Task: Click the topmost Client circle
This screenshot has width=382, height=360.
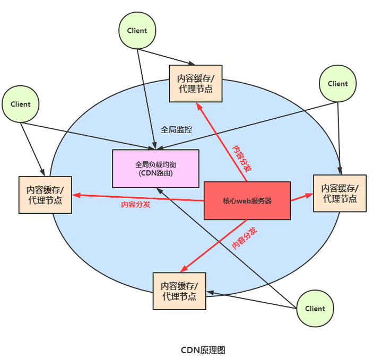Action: tap(137, 30)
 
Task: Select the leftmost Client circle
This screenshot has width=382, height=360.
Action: tap(21, 104)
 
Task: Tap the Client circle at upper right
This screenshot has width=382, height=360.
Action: tap(337, 83)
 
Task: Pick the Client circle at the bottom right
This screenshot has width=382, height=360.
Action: tap(315, 309)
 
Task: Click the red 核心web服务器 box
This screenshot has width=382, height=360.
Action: tap(247, 200)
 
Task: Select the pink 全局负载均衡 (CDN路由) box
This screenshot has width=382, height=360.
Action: tap(155, 169)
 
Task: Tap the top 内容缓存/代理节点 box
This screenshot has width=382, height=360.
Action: tap(196, 83)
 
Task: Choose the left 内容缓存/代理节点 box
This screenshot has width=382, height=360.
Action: tap(45, 195)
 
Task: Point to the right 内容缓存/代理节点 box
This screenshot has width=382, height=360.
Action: tap(340, 194)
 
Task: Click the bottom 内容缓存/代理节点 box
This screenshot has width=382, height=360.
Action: tap(179, 291)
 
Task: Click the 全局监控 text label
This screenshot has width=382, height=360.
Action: tap(176, 130)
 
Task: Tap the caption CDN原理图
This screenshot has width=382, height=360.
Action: tap(203, 350)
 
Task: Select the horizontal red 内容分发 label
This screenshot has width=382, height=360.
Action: tap(136, 205)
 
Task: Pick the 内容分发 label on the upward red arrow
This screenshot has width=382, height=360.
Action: tap(241, 159)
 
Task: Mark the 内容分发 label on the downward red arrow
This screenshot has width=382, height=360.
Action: tap(245, 238)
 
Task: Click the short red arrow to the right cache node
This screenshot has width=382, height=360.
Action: tap(302, 197)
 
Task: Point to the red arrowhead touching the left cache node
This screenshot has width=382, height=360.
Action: tap(76, 195)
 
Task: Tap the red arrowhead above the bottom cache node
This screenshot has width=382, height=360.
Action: tap(184, 269)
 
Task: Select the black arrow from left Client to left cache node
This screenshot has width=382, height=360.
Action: tap(32, 149)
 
